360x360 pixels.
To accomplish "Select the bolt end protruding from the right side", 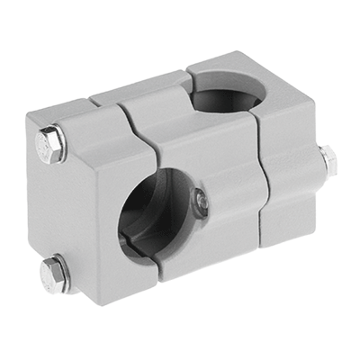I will pos(328,161).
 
